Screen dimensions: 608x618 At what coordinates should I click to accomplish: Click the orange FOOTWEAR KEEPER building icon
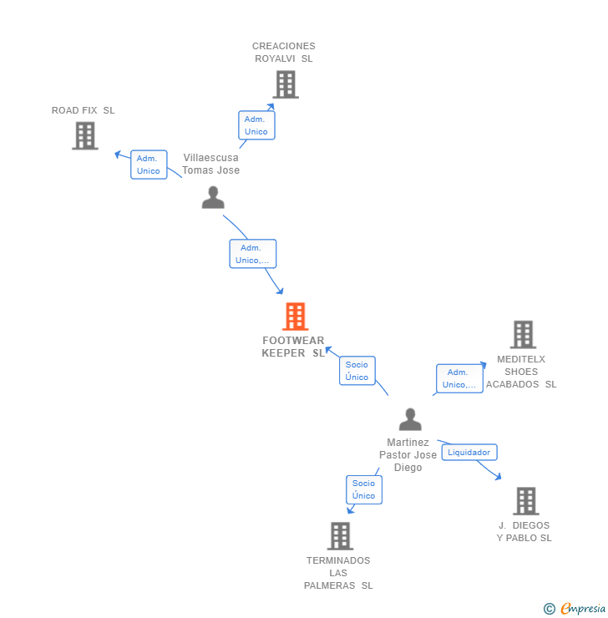pos(295,316)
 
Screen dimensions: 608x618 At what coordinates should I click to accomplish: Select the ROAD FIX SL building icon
pos(85,135)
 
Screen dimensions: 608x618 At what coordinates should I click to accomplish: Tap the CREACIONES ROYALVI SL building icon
pos(286,84)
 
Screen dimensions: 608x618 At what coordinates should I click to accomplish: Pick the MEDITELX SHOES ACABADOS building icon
pos(524,335)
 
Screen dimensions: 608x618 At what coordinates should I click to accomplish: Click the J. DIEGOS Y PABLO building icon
pos(526,501)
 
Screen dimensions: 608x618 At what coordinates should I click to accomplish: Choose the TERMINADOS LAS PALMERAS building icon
pos(340,536)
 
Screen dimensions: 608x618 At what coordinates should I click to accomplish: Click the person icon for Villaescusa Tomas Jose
pos(213,197)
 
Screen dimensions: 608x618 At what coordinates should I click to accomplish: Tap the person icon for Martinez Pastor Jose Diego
pos(410,419)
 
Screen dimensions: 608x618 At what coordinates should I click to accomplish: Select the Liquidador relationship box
pos(469,452)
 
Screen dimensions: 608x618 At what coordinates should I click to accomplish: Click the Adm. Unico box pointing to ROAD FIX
pos(149,165)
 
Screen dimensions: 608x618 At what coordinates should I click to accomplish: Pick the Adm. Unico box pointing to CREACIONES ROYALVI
pos(256,125)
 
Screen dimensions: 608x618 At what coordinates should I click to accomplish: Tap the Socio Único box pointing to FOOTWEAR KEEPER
pos(357,371)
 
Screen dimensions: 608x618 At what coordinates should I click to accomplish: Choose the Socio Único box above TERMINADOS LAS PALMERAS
pos(364,489)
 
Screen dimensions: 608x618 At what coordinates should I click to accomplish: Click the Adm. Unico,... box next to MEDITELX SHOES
pos(459,378)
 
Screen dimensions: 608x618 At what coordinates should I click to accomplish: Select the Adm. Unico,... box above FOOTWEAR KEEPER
pos(253,254)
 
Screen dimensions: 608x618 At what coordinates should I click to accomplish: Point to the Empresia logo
pos(583,608)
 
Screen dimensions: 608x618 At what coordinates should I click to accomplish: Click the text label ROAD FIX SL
pos(84,110)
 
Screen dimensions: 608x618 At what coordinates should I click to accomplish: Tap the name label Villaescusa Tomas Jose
pos(210,164)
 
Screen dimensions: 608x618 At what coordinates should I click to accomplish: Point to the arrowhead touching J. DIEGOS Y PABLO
pos(499,477)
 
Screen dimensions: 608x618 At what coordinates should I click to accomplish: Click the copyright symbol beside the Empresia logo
pos(550,609)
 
